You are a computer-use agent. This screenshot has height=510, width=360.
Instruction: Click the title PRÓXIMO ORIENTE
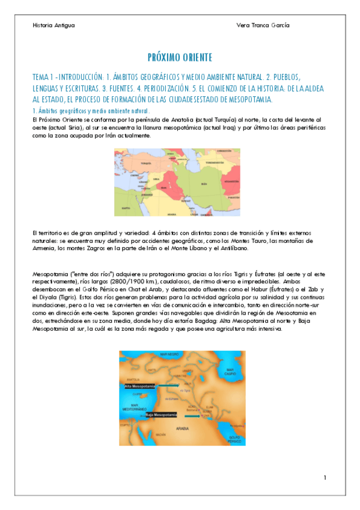(x=180, y=58)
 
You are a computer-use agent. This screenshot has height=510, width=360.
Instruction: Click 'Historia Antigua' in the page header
(x=53, y=25)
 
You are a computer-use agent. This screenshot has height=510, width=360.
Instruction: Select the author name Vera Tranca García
(x=263, y=25)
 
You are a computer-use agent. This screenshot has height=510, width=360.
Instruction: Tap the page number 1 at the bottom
(x=325, y=478)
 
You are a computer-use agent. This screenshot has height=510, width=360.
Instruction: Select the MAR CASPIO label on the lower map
(x=230, y=372)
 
